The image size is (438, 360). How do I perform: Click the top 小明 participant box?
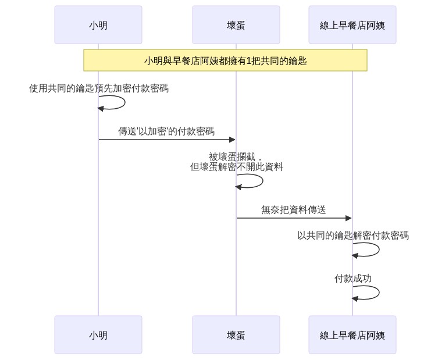[98, 25]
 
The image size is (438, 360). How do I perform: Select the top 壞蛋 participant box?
[236, 25]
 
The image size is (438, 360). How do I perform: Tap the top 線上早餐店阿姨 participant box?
[352, 25]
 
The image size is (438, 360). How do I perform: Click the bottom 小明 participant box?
[98, 334]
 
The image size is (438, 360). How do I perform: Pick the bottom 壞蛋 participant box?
[236, 334]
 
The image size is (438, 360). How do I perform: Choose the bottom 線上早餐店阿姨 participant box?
[352, 334]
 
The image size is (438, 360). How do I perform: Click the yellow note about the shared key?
[225, 60]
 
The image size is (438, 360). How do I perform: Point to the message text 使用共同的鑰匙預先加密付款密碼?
[99, 88]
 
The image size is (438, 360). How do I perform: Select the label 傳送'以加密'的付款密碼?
[166, 131]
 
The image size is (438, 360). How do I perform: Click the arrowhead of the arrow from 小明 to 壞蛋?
[233, 140]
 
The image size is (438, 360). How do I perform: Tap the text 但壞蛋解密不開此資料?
[236, 167]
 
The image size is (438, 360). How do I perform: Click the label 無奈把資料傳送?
[293, 209]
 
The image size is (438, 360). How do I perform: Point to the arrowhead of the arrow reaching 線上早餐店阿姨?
[348, 218]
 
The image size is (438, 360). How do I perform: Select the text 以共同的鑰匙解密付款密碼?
[353, 235]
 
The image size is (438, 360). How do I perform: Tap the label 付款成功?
[353, 278]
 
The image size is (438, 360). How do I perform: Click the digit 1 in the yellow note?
[248, 60]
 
